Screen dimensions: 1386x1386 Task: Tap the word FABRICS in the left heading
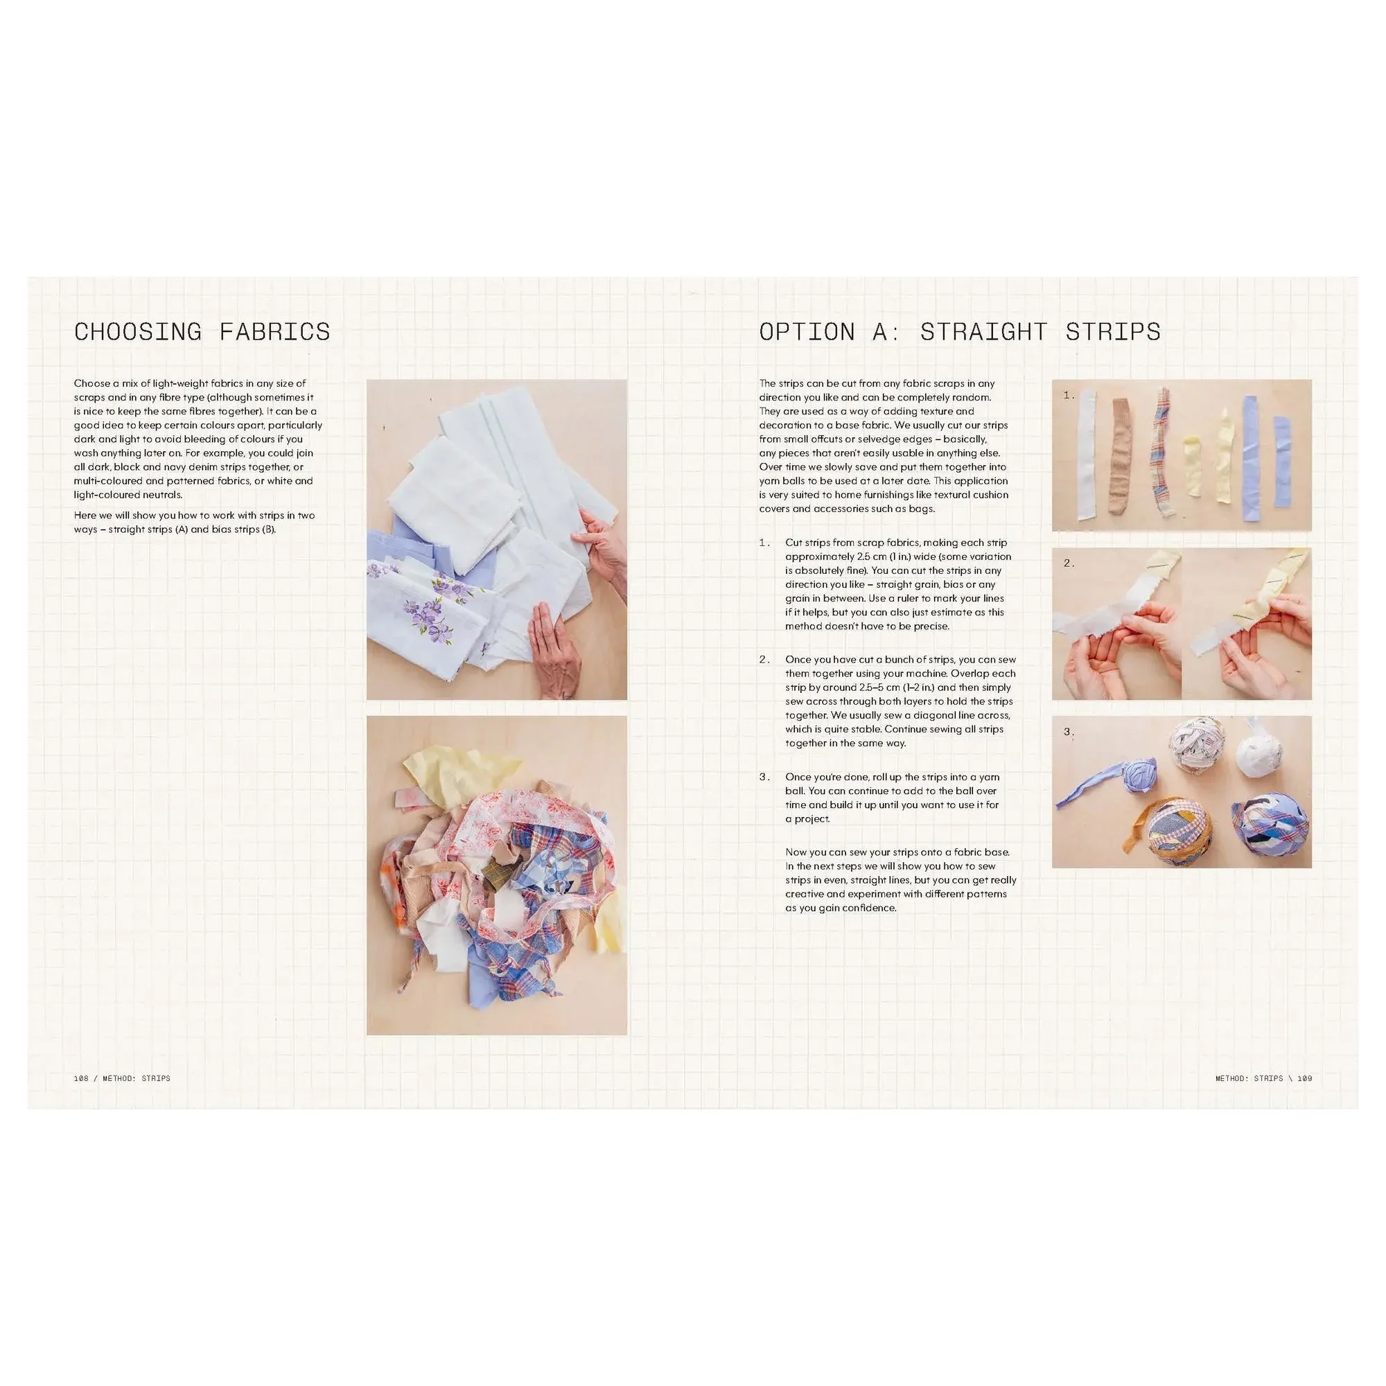274,331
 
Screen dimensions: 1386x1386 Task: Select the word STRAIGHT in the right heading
984,331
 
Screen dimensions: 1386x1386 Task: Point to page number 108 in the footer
81,1078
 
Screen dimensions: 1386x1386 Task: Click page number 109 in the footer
1305,1078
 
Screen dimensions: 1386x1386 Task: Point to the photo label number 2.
1069,563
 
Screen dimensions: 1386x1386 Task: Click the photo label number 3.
1069,732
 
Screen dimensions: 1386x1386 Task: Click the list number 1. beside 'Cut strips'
765,543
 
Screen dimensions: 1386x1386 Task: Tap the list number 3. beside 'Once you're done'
765,777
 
